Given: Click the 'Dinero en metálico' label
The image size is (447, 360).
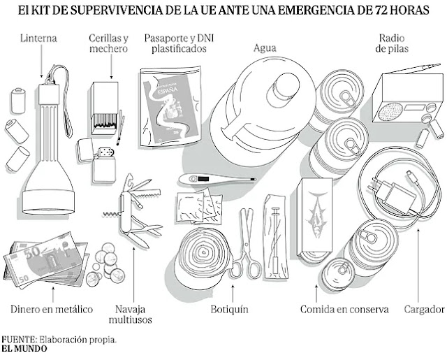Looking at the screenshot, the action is (52, 309).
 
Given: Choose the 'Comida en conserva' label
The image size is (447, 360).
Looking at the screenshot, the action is (344, 309).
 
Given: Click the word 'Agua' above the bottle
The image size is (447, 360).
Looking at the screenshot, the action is (265, 48).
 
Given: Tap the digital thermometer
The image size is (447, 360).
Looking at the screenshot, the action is (203, 179).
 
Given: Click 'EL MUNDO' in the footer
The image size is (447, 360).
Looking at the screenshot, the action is (24, 349).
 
